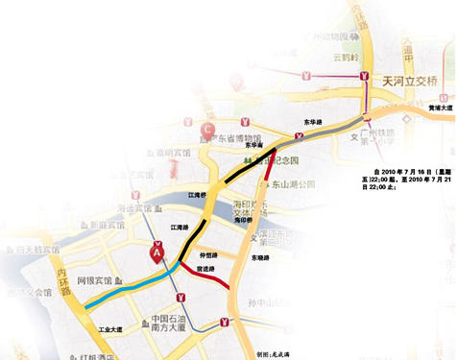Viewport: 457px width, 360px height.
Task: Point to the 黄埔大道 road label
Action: click(x=441, y=108)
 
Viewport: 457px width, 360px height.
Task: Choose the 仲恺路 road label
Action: click(x=209, y=255)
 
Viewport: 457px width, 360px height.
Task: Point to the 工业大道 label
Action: click(x=113, y=329)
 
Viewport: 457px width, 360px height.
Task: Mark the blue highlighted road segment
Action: click(x=125, y=287)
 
